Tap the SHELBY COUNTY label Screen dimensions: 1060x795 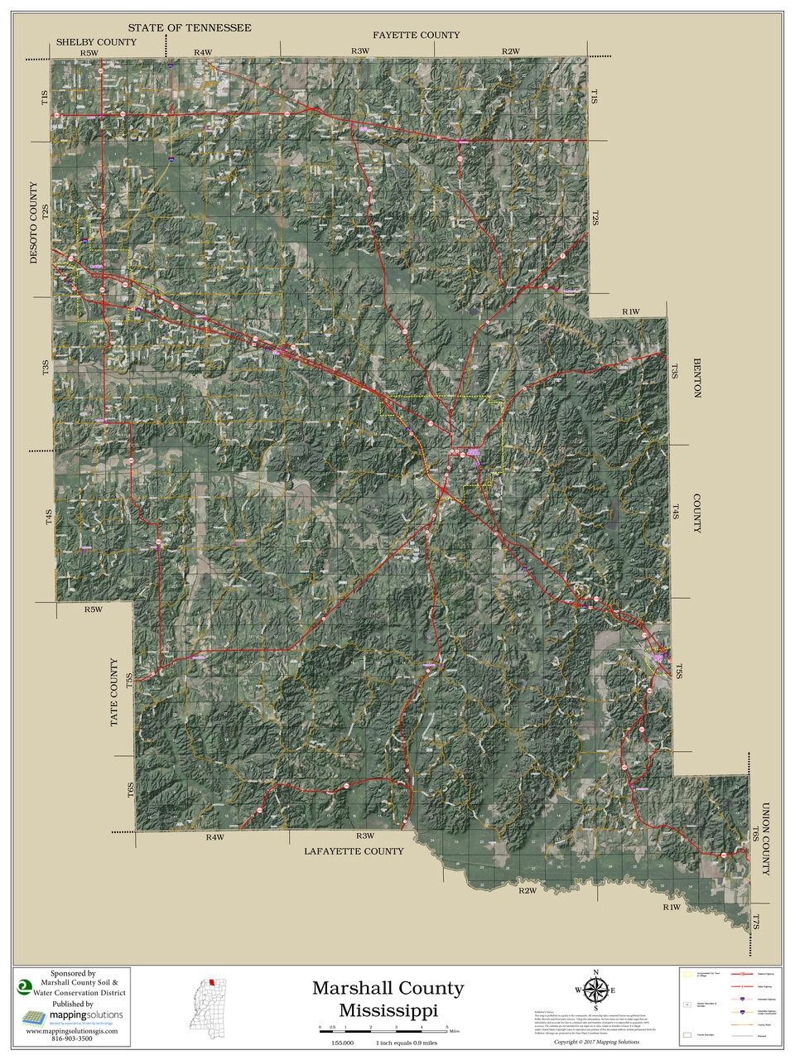tap(96, 41)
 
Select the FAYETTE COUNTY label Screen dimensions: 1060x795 tap(416, 35)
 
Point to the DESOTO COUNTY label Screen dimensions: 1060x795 tap(34, 223)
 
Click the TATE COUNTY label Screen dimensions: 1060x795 tap(115, 693)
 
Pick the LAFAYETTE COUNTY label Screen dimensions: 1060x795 tap(354, 850)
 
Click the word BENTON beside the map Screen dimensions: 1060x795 tap(696, 378)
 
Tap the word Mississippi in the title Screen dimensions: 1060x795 tap(388, 1009)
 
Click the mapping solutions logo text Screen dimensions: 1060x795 tap(84, 1014)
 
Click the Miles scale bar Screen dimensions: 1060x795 tap(383, 1026)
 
